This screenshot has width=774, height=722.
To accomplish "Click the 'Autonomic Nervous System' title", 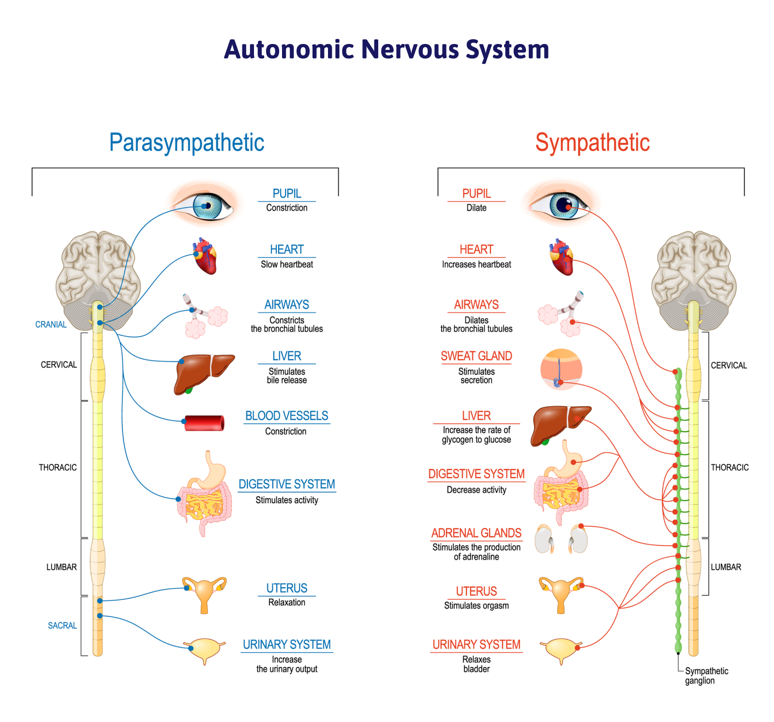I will click(387, 50).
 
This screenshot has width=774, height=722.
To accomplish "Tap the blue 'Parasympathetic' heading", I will click(187, 143).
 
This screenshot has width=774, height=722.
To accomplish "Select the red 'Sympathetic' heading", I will click(592, 143).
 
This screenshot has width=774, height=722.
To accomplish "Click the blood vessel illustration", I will click(205, 423).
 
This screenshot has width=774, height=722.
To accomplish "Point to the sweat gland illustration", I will click(561, 369).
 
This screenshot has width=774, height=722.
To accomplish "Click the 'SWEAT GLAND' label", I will click(476, 356).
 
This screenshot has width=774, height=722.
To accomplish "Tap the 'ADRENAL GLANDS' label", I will click(476, 533).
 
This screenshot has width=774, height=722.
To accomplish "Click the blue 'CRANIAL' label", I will click(51, 324).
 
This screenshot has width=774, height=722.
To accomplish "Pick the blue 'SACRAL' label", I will click(62, 625).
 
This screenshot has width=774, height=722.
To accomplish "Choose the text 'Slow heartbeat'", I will click(286, 264).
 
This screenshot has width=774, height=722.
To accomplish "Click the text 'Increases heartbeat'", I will click(476, 264).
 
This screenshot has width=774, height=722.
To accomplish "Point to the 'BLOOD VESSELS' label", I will click(286, 416).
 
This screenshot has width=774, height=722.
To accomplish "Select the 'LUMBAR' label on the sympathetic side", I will click(726, 567).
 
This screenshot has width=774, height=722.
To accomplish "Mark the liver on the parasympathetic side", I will click(202, 372).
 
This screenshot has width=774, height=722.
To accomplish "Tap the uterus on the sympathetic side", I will click(561, 593).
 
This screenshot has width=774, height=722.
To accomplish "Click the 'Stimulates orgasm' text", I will click(476, 606).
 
